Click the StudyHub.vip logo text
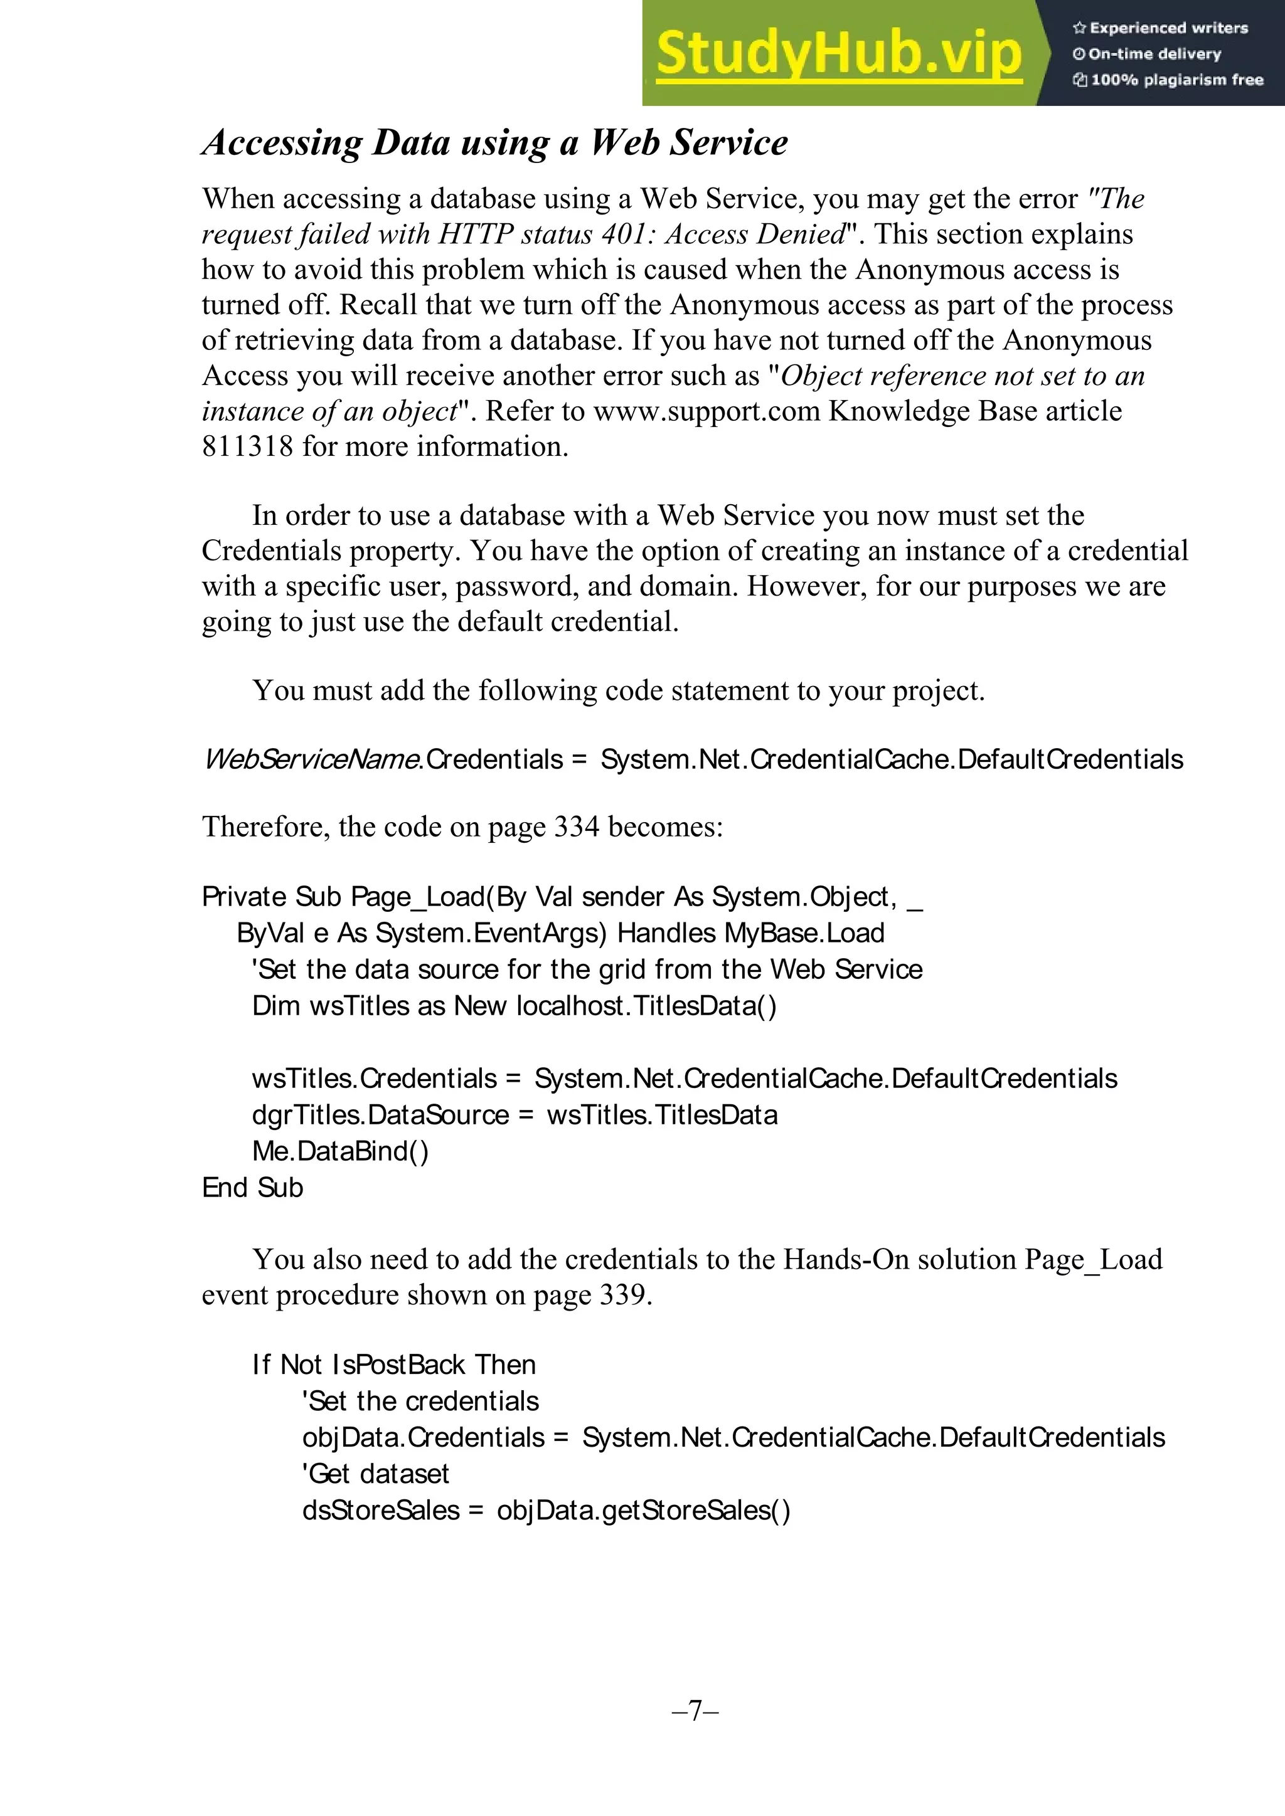839,54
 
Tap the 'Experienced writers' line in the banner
1160,28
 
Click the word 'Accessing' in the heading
281,143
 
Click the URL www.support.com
706,411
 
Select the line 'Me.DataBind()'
340,1151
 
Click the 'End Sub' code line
252,1187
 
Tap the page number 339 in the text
622,1295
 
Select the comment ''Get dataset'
375,1474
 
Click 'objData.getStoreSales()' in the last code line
642,1510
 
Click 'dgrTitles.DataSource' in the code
380,1114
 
